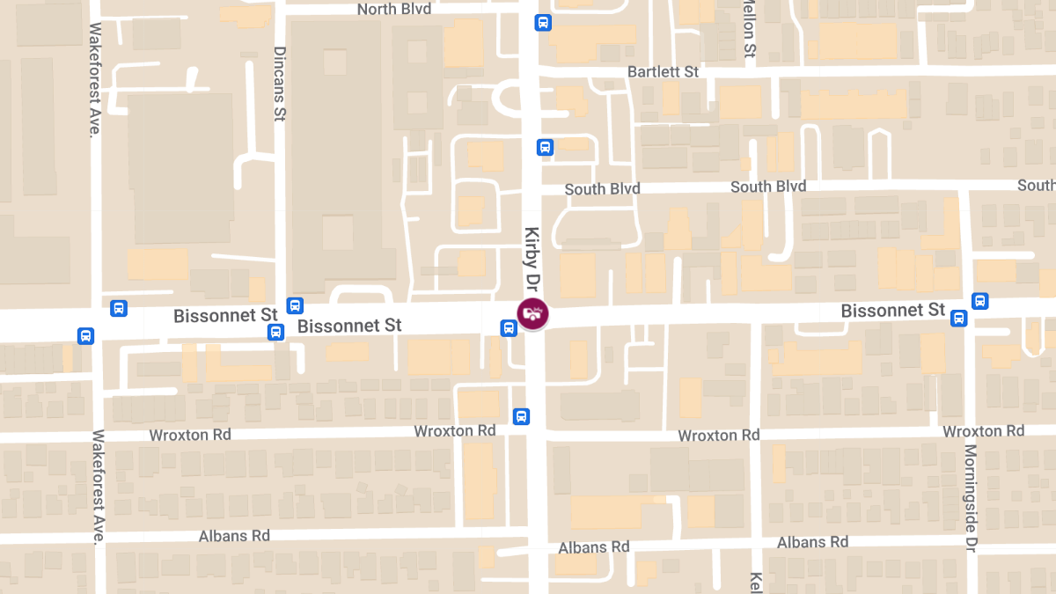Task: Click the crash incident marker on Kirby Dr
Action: pyautogui.click(x=532, y=313)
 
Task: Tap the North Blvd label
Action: pyautogui.click(x=394, y=10)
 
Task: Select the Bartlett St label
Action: pyautogui.click(x=663, y=71)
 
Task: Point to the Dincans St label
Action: pyautogui.click(x=280, y=84)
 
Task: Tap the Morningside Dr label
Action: pyautogui.click(x=970, y=497)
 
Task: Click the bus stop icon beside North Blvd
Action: pyautogui.click(x=543, y=23)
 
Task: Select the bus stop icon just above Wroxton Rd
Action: pyautogui.click(x=521, y=416)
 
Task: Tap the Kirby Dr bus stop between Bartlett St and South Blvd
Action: pyautogui.click(x=545, y=147)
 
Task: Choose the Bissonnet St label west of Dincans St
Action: pyautogui.click(x=225, y=315)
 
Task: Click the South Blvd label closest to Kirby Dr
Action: pyautogui.click(x=602, y=189)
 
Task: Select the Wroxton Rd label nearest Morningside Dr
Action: pyautogui.click(x=983, y=431)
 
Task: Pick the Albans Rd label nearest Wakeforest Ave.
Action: pyautogui.click(x=234, y=536)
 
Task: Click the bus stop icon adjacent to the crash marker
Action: pyautogui.click(x=509, y=328)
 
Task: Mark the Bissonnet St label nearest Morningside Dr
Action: pyautogui.click(x=892, y=311)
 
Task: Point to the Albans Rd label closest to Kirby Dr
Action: pyautogui.click(x=594, y=546)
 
